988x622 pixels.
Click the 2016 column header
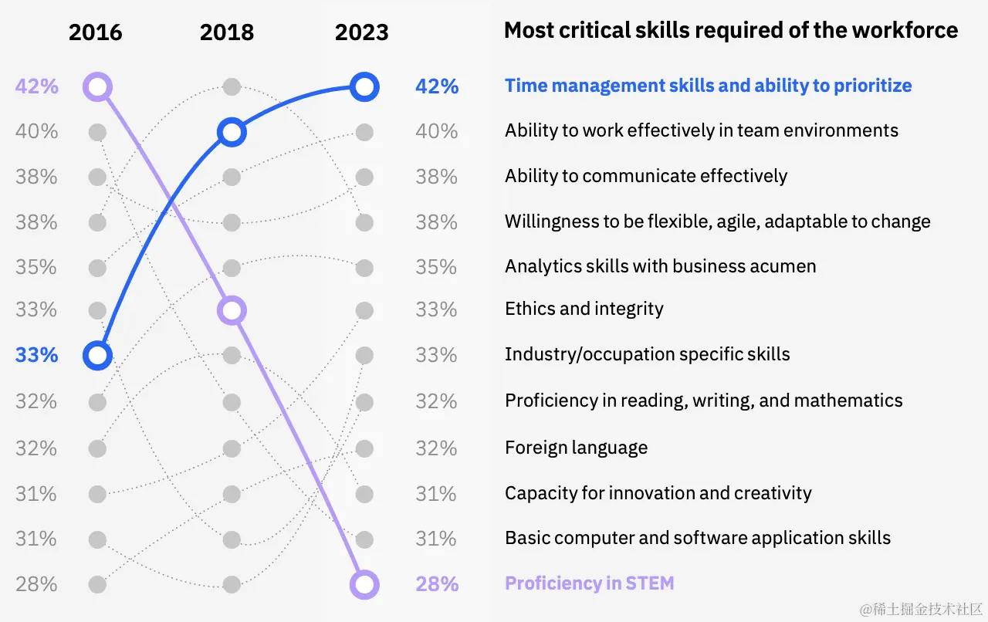coord(96,32)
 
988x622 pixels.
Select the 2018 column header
coord(227,32)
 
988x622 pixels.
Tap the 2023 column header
coord(361,32)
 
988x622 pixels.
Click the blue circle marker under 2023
coord(364,86)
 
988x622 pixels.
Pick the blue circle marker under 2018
coord(232,133)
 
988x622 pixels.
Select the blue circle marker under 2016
coord(97,355)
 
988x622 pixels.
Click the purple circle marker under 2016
coord(97,86)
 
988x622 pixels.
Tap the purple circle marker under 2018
coord(232,310)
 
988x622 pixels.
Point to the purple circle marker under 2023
coord(364,584)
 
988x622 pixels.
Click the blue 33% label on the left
coord(37,355)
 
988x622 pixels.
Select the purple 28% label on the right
coord(437,584)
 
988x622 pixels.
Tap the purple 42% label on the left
coord(37,86)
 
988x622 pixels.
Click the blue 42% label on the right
coord(437,86)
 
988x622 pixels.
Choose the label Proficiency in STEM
coord(589,583)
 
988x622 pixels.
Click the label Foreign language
coord(576,448)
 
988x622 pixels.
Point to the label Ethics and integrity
coord(584,309)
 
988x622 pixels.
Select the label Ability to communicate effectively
coord(646,176)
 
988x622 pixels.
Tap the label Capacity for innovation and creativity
coord(658,493)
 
